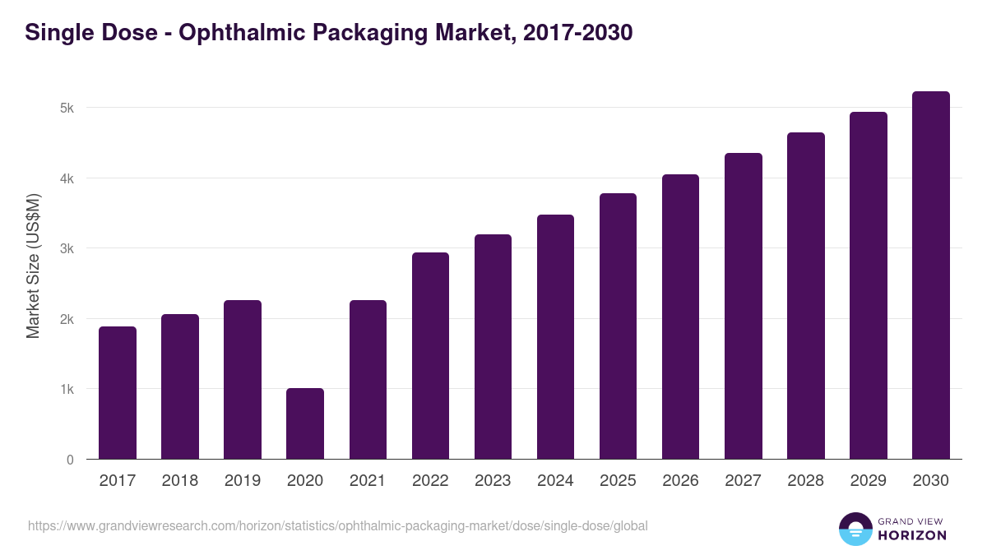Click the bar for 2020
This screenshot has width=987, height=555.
tap(305, 423)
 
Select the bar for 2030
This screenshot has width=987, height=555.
tap(931, 275)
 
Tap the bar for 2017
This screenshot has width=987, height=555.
tap(118, 393)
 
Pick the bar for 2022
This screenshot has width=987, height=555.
tap(430, 356)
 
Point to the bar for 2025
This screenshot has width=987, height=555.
tap(618, 326)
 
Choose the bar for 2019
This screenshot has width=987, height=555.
tap(243, 380)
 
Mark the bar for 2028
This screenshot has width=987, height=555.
tap(806, 296)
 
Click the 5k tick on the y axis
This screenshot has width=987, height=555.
tap(66, 109)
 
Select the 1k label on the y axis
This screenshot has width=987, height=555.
tap(66, 390)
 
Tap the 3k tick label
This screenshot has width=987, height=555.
tap(66, 249)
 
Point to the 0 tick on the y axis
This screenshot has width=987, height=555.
tap(70, 460)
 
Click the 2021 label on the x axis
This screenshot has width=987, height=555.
tap(368, 481)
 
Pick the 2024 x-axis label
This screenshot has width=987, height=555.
tap(555, 481)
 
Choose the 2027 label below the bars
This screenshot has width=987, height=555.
tap(744, 481)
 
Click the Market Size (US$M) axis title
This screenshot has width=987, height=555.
tap(33, 266)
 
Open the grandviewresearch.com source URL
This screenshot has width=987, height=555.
tap(338, 525)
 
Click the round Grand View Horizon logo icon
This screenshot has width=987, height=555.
tap(855, 529)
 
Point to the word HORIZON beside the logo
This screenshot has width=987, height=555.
tap(912, 535)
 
